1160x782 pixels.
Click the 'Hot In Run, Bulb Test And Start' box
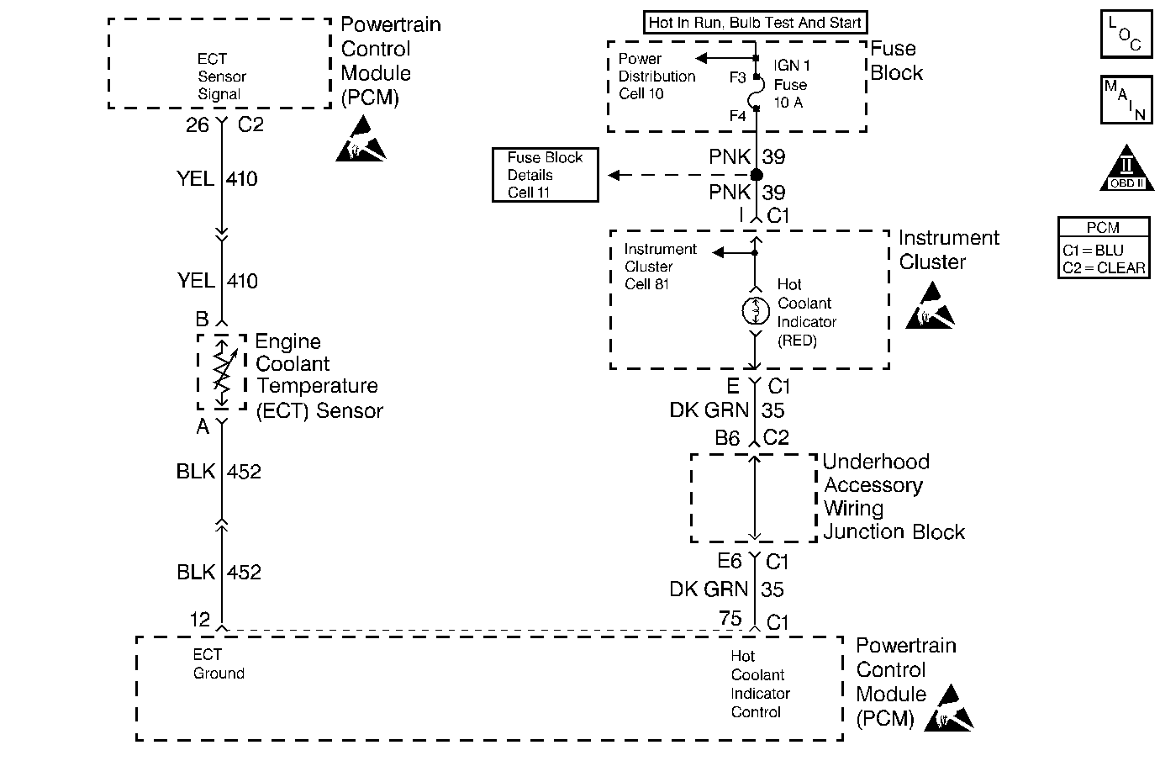[755, 23]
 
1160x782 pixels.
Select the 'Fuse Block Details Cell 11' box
[545, 175]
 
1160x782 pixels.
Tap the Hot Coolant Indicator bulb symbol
[755, 312]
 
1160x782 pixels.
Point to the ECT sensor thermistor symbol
[222, 371]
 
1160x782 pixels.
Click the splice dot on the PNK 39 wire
[756, 175]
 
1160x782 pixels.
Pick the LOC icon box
[1126, 34]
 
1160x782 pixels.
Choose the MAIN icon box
[1126, 100]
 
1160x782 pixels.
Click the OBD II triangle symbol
[1126, 171]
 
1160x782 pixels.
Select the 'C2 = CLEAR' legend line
[1104, 268]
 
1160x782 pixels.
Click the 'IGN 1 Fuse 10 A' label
[790, 84]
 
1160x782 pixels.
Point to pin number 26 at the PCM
[198, 125]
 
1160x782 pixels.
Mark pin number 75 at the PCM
[730, 620]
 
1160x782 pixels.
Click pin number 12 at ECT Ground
[199, 620]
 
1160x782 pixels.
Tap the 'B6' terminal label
[727, 438]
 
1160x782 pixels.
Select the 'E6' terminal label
[729, 562]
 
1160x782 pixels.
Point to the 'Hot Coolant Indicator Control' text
[760, 684]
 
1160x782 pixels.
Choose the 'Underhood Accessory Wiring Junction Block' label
[893, 497]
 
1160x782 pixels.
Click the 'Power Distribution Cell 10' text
[656, 76]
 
